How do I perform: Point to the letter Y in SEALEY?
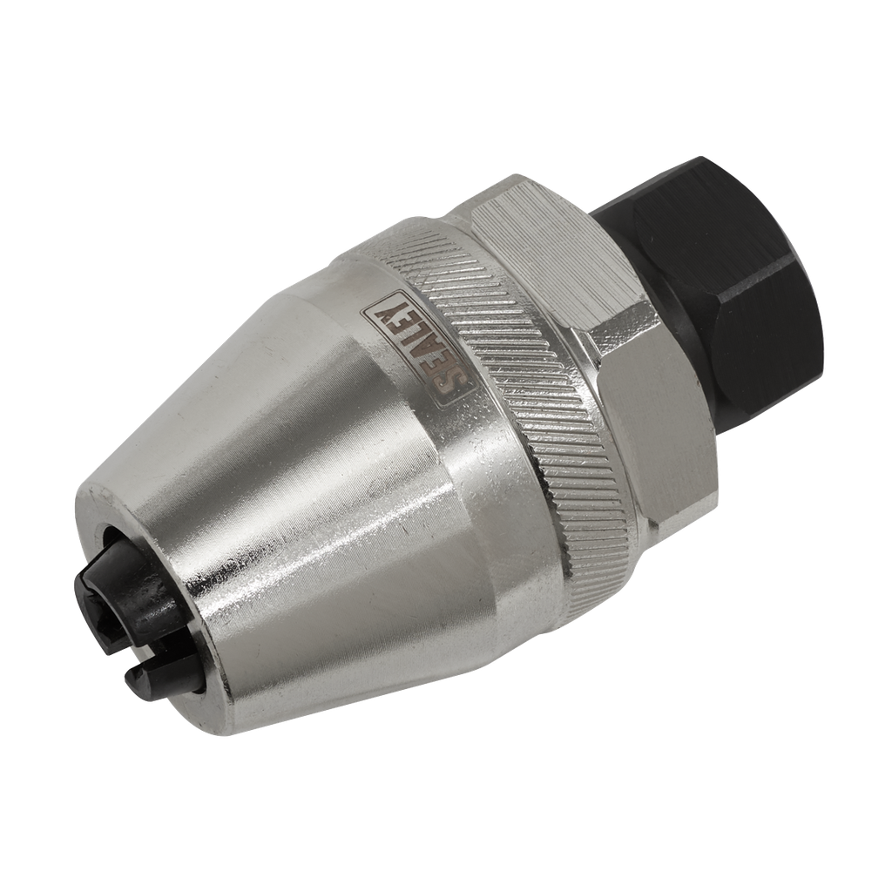pos(389,317)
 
